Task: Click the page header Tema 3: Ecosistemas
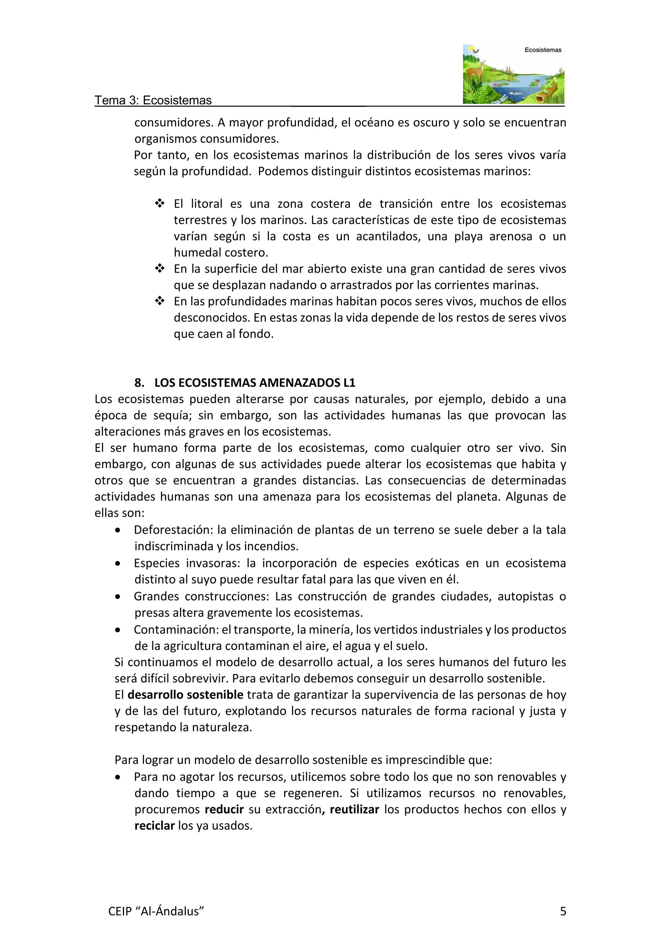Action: point(153,100)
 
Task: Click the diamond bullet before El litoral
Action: point(159,203)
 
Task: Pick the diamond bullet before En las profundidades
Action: point(159,301)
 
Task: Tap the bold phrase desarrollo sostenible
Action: point(185,694)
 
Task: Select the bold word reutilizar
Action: point(354,809)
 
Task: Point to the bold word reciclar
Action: point(155,826)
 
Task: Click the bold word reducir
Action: point(224,809)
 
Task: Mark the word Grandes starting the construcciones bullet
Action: point(156,596)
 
